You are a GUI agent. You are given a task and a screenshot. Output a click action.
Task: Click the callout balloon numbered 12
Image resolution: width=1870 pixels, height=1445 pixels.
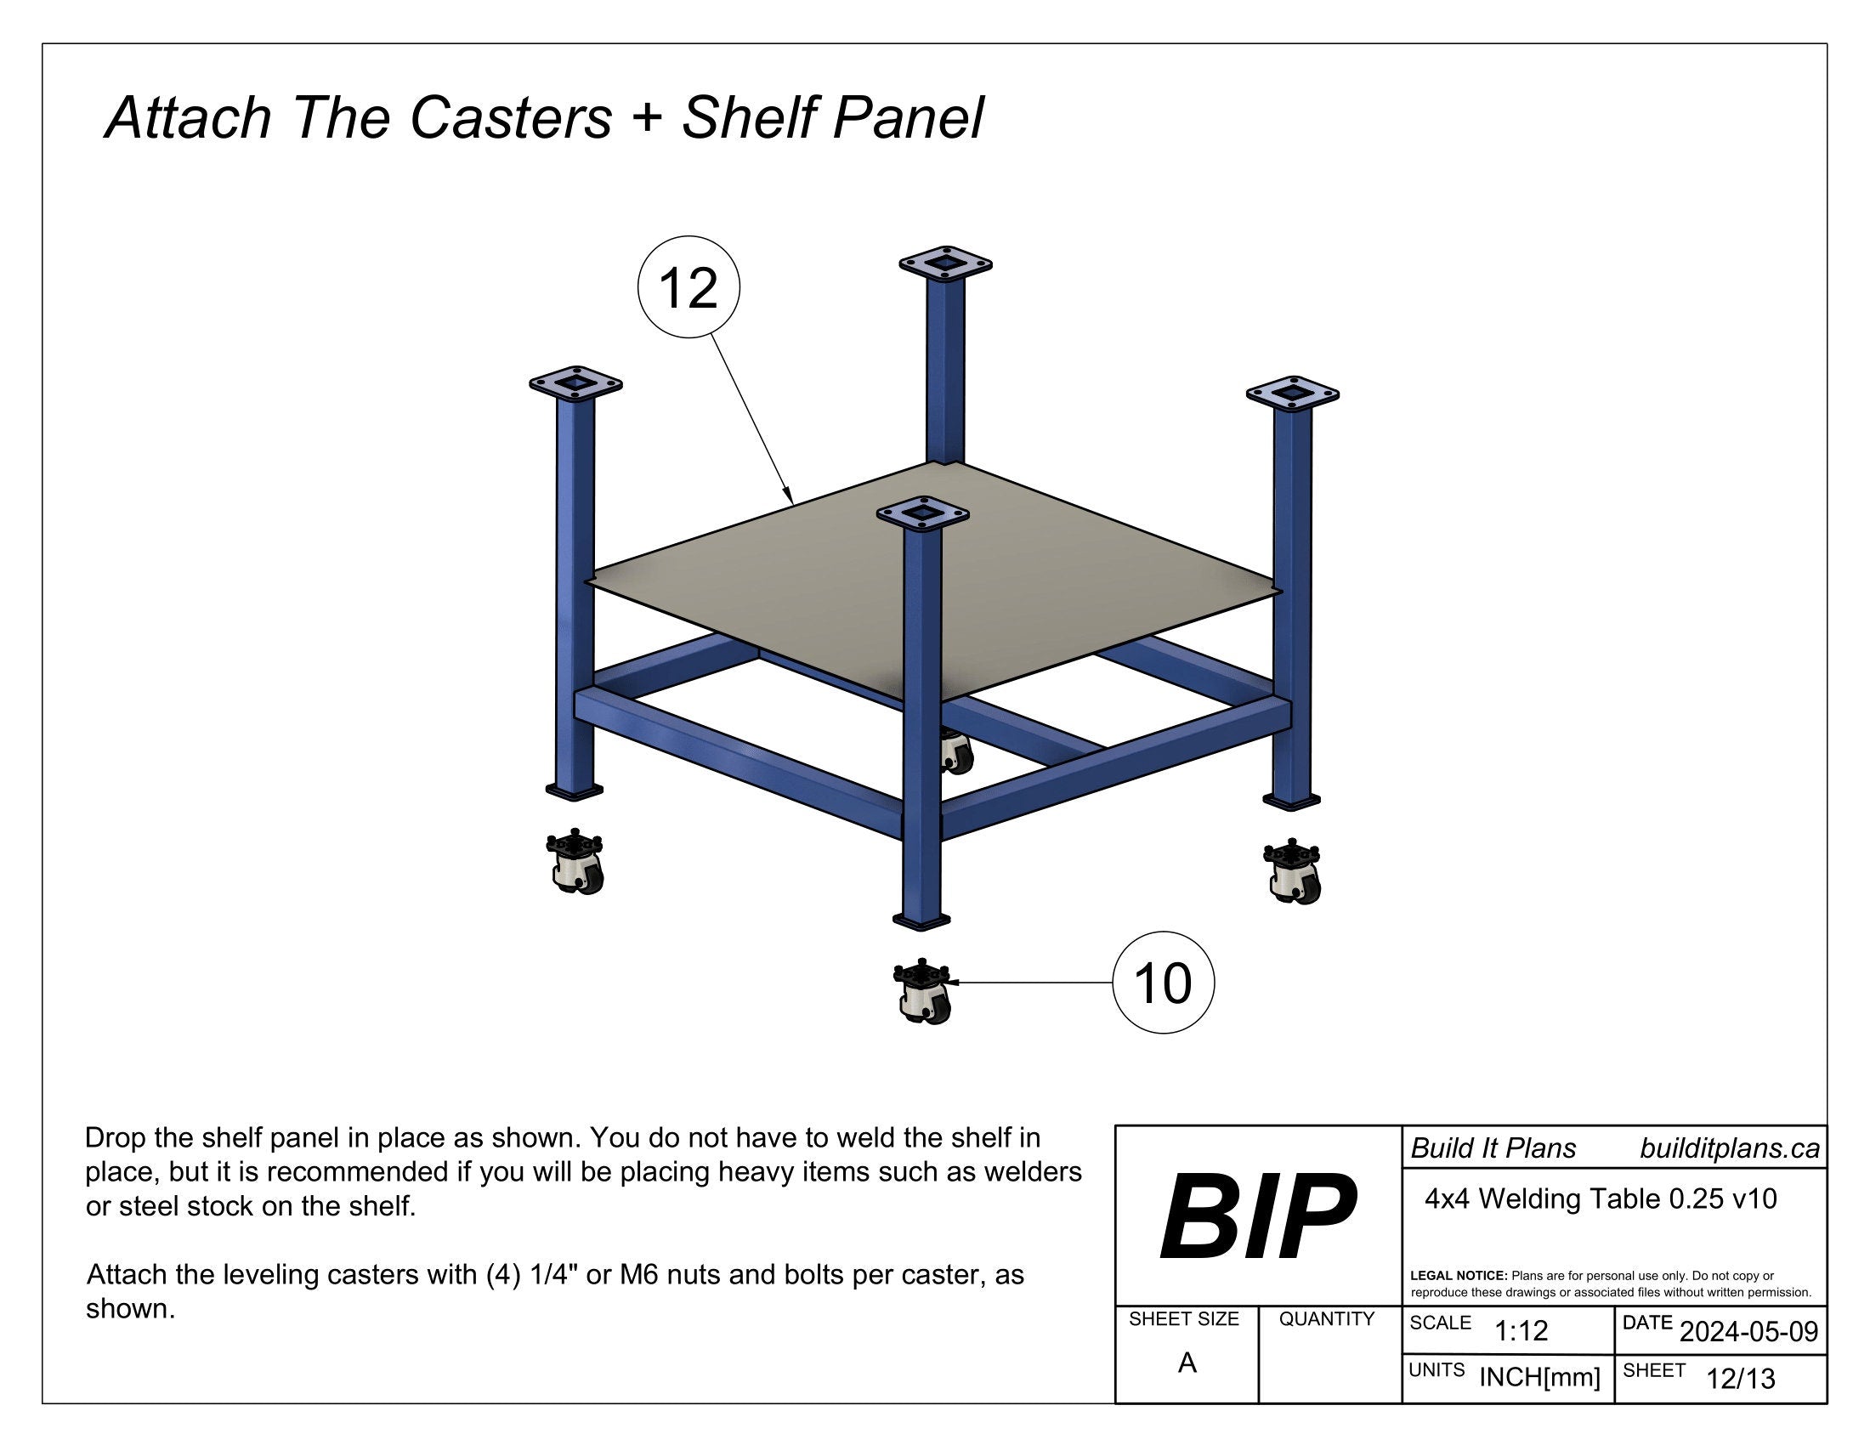(x=688, y=286)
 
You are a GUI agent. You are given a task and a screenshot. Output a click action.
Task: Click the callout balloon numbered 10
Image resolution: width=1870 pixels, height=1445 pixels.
(x=1163, y=982)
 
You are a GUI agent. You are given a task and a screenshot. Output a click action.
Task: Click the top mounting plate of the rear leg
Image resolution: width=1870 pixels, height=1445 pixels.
(x=945, y=263)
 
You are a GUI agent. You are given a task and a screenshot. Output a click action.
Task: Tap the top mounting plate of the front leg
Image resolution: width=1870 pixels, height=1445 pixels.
(x=922, y=513)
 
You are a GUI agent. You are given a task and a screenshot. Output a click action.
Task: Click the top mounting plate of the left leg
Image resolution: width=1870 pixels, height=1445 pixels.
(x=575, y=383)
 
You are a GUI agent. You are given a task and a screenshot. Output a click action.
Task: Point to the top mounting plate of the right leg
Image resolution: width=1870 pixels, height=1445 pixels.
(x=1292, y=394)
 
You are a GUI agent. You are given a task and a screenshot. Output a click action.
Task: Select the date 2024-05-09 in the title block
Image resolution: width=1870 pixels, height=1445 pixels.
(x=1748, y=1331)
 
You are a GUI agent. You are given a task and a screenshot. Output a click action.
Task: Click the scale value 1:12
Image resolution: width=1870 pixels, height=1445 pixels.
(x=1521, y=1330)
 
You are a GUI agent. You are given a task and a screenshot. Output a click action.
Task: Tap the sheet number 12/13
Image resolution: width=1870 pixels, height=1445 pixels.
(x=1741, y=1378)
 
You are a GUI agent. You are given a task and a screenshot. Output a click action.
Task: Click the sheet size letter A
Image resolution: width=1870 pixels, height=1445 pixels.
(x=1187, y=1362)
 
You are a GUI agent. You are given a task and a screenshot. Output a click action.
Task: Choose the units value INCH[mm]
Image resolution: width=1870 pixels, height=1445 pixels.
(x=1539, y=1376)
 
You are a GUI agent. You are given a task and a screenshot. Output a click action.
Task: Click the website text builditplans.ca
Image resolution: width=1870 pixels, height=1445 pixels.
(x=1730, y=1148)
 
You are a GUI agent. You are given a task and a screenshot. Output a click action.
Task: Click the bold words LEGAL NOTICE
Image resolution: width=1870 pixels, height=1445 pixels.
(x=1459, y=1276)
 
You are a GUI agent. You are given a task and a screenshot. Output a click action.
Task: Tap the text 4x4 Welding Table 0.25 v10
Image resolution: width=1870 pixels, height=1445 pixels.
(x=1601, y=1198)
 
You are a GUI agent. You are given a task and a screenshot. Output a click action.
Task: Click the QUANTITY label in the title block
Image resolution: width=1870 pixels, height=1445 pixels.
(x=1326, y=1318)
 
